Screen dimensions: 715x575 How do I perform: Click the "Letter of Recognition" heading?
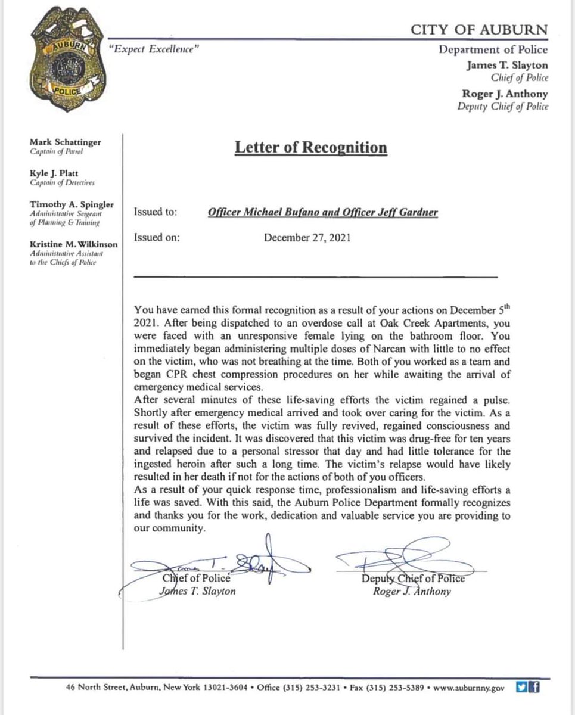point(310,147)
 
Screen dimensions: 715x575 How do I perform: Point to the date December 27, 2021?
point(307,237)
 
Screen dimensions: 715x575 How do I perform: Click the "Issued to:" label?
point(156,212)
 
